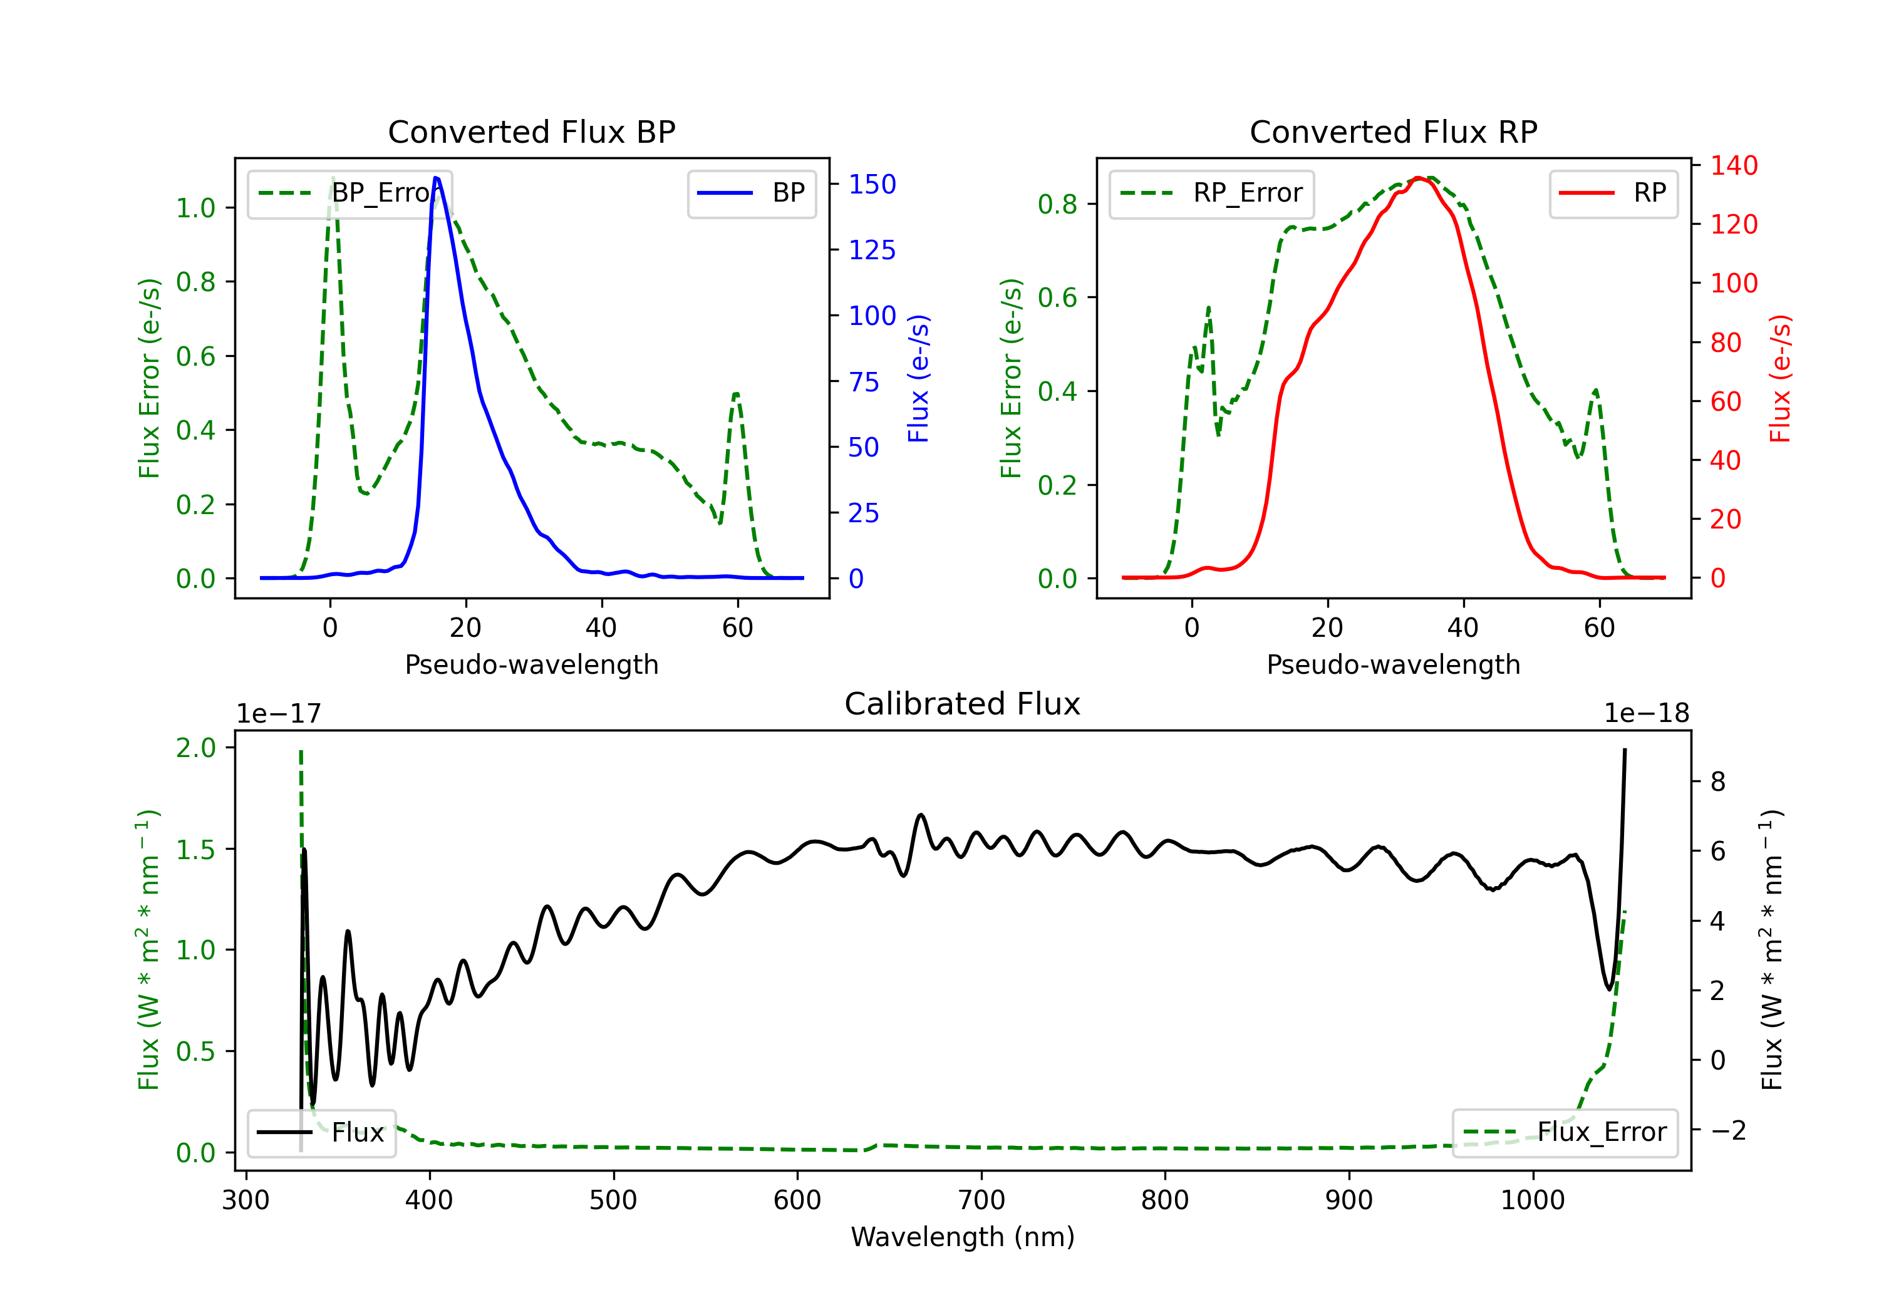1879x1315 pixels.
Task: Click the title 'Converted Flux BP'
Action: click(531, 131)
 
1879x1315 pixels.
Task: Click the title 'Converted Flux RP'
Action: click(1393, 131)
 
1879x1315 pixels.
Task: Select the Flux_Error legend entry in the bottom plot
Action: click(1565, 1133)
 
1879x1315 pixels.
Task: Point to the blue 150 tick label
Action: click(872, 184)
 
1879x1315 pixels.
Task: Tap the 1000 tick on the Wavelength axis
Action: click(1532, 1200)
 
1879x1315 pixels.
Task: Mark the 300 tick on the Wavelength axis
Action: click(246, 1200)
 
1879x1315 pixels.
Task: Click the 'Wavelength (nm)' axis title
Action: click(963, 1237)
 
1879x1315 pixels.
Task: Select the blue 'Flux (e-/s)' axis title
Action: click(918, 379)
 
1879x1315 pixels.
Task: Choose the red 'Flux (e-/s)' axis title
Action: click(1780, 379)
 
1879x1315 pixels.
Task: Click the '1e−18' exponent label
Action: click(1646, 714)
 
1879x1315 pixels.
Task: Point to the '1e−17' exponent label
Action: click(278, 714)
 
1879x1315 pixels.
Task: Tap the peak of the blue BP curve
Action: click(436, 178)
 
